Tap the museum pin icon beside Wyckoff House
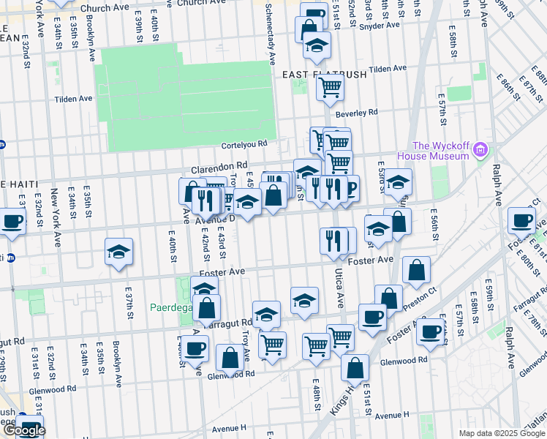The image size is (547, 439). coord(480,151)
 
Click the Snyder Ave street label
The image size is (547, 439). coord(382,25)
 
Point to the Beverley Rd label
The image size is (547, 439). coord(356,113)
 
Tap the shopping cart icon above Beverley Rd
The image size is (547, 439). coord(331,88)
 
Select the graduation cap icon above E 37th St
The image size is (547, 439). coord(118,252)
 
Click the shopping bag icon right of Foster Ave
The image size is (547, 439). coord(416,270)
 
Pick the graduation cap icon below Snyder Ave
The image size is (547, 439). coord(316,45)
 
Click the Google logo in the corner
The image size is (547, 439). coord(23,430)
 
